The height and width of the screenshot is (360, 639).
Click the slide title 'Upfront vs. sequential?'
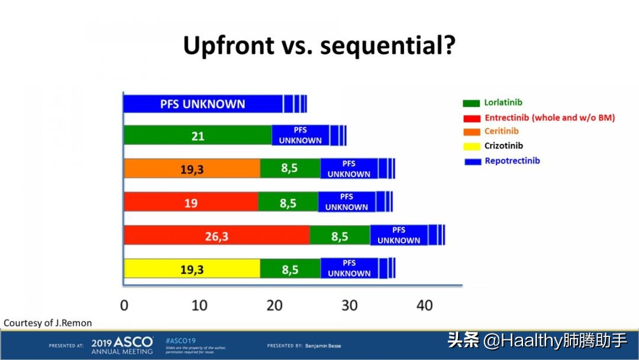coord(319,46)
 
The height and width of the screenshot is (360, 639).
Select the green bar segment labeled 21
coord(198,136)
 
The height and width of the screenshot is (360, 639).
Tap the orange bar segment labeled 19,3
coord(192,169)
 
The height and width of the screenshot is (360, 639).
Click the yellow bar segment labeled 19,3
coord(192,269)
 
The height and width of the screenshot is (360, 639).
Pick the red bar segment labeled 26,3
coord(217,236)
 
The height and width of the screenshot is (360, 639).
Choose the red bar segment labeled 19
coord(191,202)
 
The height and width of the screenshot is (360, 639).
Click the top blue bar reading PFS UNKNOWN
coord(202,104)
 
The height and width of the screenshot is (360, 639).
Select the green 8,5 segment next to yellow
coord(290,269)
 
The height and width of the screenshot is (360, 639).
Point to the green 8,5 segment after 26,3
coord(340,236)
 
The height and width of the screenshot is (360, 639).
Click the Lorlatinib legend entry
coord(503,102)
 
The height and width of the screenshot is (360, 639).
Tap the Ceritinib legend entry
coord(501,131)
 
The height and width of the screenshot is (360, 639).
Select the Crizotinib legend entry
coord(504,146)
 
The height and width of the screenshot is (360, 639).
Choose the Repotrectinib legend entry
coord(512,160)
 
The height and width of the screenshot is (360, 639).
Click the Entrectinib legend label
coord(549,117)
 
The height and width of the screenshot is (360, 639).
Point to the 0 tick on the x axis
coord(124,306)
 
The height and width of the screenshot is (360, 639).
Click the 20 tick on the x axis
coord(275,306)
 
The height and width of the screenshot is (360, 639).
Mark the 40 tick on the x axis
coord(424,306)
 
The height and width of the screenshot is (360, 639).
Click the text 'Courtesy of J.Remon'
coord(48,323)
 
